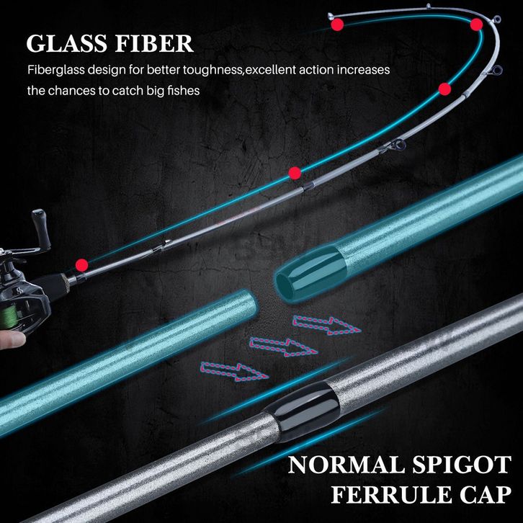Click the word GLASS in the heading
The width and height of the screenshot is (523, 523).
coord(66,43)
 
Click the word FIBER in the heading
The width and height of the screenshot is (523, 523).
coord(154,43)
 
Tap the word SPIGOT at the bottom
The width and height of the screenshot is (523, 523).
coord(462,465)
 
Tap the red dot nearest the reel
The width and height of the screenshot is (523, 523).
coord(81,265)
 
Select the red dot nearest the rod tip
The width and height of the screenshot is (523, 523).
coord(337,24)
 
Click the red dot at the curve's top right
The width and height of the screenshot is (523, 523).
coord(476,24)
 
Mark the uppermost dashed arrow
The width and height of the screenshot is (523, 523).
coord(326,326)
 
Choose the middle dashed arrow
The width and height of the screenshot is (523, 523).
coord(284,347)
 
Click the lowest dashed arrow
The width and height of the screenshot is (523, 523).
coord(234,372)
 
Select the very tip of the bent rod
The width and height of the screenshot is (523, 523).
coord(330,15)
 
